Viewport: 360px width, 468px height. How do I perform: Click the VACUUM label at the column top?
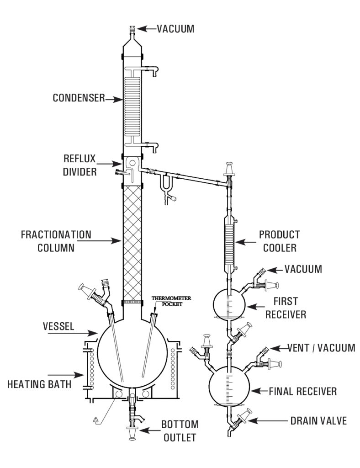click(x=175, y=29)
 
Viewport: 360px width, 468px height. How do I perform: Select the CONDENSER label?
click(x=79, y=98)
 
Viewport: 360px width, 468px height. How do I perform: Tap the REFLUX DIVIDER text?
click(x=80, y=165)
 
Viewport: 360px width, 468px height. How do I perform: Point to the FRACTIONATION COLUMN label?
click(x=56, y=241)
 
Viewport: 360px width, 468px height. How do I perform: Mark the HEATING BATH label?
click(x=39, y=384)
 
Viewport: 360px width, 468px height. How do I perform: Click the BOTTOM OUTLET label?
click(x=179, y=431)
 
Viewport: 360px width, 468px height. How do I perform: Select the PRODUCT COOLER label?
click(x=280, y=241)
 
